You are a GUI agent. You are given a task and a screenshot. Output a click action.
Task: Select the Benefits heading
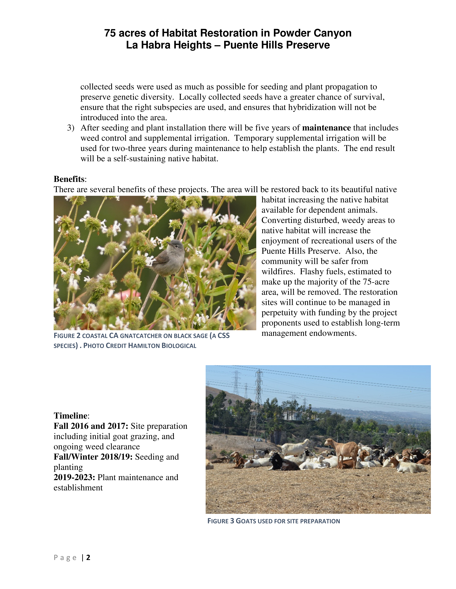click(x=69, y=179)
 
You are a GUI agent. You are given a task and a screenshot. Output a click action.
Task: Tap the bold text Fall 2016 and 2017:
click(x=91, y=426)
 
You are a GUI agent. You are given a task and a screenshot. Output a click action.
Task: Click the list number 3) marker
click(x=71, y=128)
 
